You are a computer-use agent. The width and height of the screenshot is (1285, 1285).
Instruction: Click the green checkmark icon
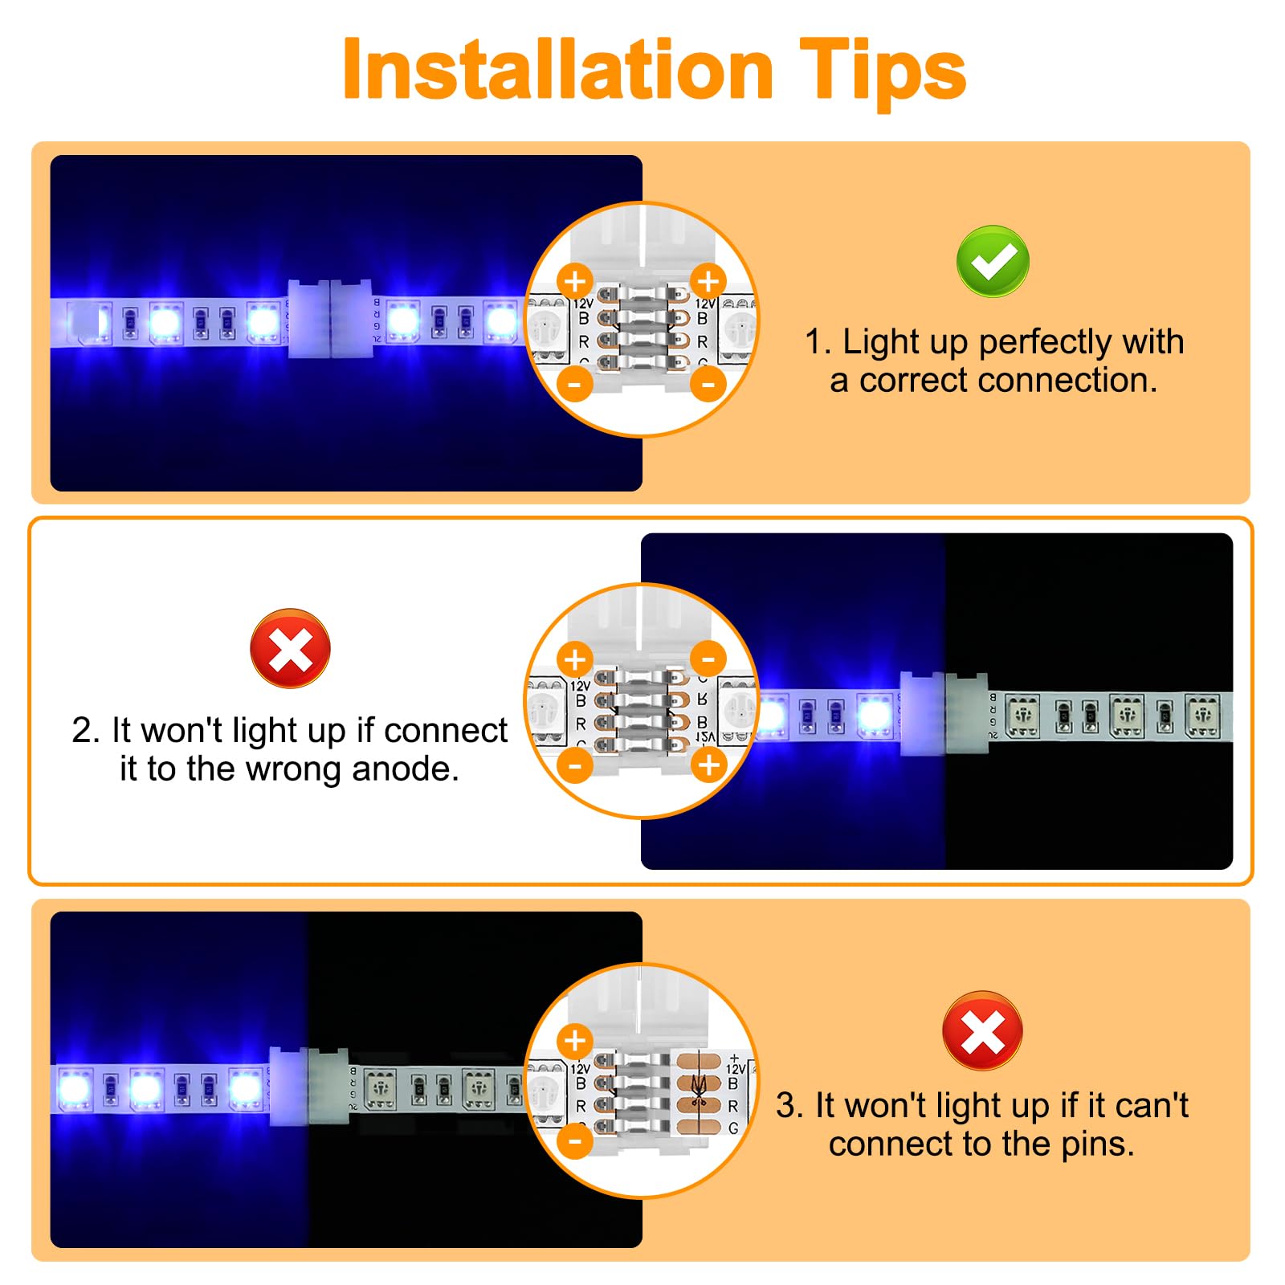coord(993,261)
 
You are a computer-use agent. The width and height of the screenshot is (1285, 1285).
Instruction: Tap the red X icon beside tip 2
coord(290,648)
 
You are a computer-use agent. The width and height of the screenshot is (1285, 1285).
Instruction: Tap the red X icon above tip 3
coord(981,1030)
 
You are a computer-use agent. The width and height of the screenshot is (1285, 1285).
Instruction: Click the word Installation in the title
coord(557,71)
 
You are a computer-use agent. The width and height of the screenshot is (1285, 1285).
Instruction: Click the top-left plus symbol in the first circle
coord(575,282)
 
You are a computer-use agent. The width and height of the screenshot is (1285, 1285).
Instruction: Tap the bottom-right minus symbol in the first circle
coord(708,384)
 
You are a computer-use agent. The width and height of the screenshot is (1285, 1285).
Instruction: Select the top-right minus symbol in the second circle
coord(708,659)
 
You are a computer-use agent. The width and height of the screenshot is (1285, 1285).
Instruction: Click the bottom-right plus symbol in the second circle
coord(708,765)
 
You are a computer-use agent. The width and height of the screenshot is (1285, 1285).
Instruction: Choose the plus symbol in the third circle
coord(575,1041)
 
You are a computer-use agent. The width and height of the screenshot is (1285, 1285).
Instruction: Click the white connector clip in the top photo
coord(329,319)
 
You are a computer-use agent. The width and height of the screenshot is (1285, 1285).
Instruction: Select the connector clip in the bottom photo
coord(308,1086)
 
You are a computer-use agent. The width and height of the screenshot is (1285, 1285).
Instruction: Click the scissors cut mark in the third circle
coord(698,1093)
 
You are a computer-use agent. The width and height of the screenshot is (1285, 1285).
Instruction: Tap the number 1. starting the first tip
coord(818,342)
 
